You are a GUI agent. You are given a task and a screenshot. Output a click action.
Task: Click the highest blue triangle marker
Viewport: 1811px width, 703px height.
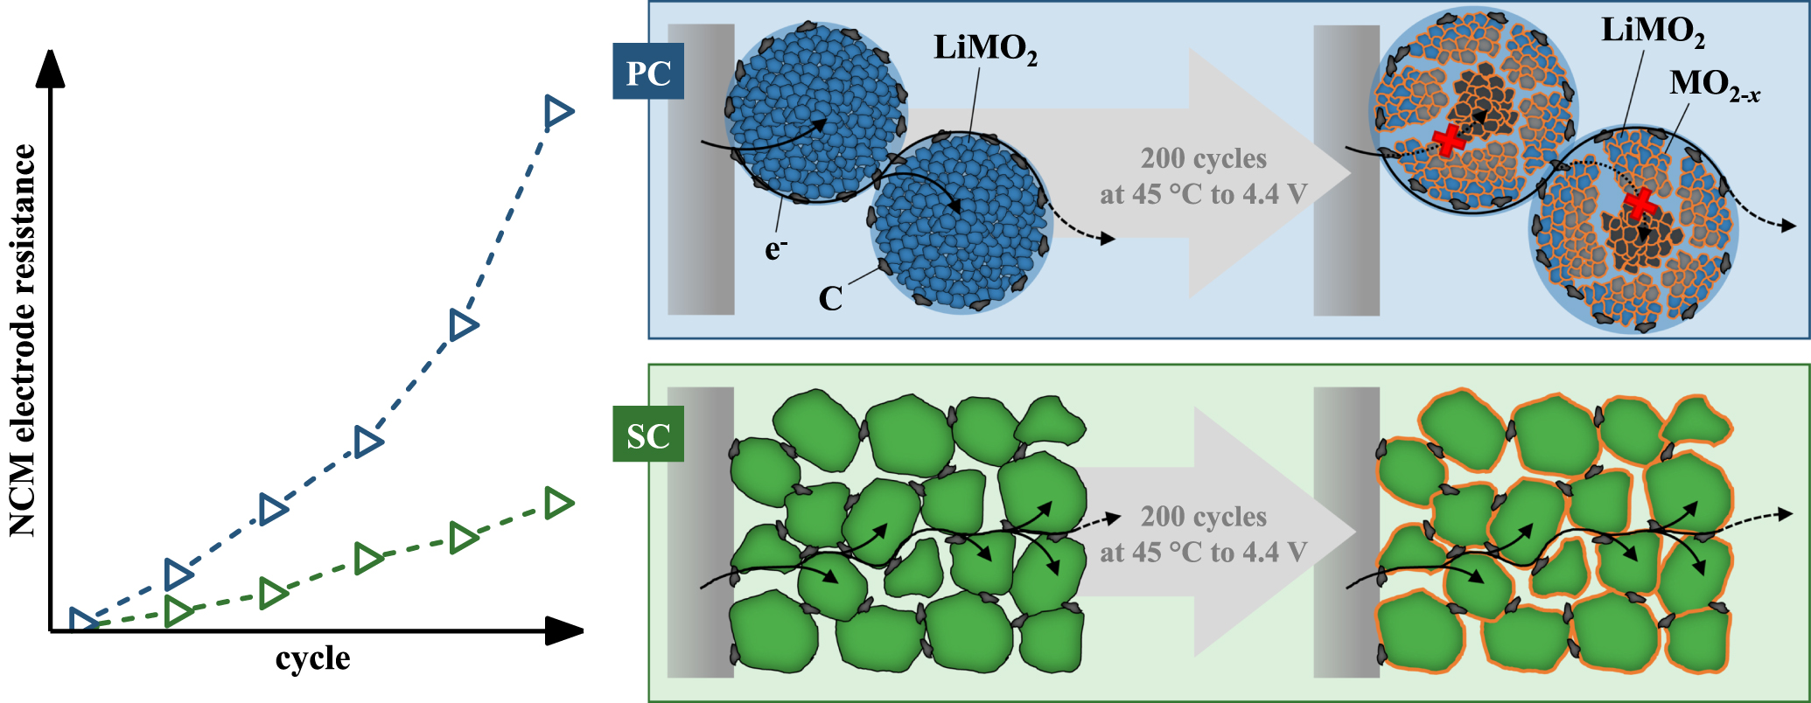click(557, 111)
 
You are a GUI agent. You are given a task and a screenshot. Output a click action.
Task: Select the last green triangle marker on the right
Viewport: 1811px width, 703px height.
click(557, 503)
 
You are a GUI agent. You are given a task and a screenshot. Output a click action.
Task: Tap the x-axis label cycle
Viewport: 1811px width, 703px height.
click(312, 658)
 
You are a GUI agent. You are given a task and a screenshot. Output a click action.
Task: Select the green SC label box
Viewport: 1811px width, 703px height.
click(648, 435)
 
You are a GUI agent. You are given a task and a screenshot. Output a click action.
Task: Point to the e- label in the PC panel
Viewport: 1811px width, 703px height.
click(775, 250)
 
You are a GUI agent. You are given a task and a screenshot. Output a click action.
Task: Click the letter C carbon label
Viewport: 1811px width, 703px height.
click(830, 299)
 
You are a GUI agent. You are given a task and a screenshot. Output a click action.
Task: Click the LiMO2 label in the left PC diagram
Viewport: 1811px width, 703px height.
click(985, 48)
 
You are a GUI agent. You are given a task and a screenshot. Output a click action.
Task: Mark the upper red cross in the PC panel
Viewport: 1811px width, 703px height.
click(1449, 140)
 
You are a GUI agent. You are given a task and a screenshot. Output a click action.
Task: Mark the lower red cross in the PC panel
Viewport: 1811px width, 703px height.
click(1640, 204)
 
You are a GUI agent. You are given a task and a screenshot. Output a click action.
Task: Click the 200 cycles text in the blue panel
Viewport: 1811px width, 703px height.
click(1203, 159)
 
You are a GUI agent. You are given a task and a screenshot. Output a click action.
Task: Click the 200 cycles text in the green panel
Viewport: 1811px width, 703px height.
click(1203, 517)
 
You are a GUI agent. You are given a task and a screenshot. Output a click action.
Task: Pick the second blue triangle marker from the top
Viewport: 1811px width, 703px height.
click(463, 325)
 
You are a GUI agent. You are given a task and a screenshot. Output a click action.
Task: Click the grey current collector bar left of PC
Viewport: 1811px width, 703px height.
click(701, 169)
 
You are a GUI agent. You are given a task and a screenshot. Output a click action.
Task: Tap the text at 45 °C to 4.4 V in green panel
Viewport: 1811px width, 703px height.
click(1203, 553)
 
